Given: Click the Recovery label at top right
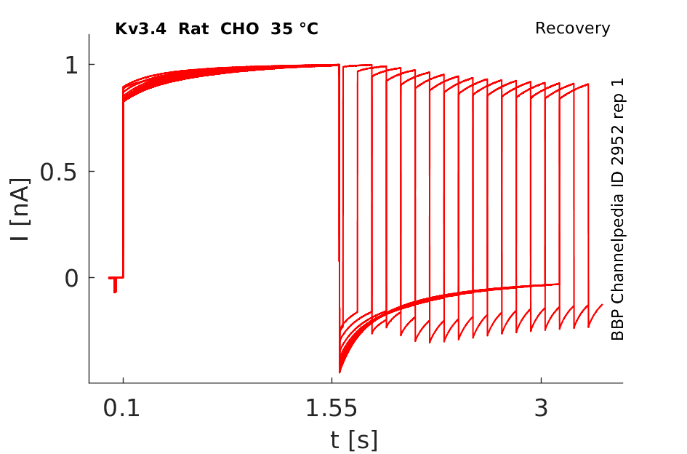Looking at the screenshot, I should [572, 28].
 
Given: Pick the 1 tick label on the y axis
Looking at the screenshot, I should [71, 65].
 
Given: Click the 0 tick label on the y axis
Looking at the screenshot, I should [71, 278].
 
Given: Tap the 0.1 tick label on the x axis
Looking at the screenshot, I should [123, 409].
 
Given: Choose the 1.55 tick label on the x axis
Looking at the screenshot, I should [332, 409].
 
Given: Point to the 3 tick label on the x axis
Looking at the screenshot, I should [541, 409].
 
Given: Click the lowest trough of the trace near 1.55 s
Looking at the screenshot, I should [340, 372].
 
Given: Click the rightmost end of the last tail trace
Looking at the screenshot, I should [603, 305].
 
